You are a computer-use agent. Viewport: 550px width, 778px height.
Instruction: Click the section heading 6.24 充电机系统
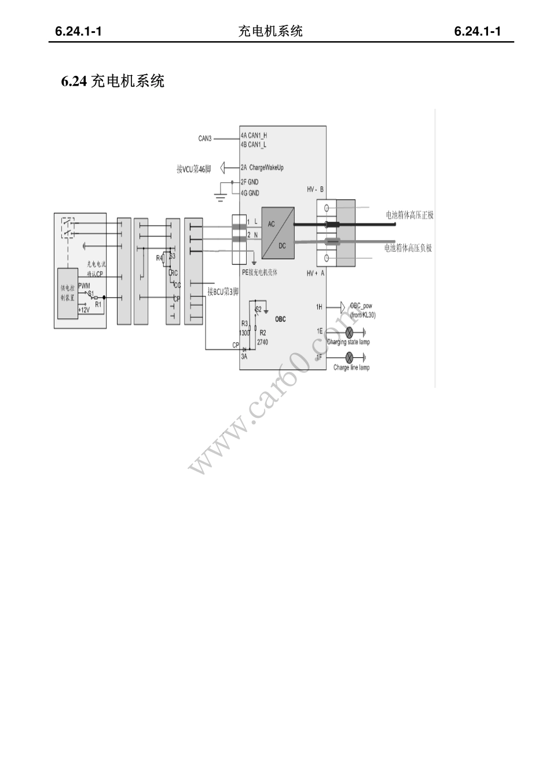113,81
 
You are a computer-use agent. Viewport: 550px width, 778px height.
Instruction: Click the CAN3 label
205,138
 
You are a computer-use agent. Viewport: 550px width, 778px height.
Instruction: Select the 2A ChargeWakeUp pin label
262,168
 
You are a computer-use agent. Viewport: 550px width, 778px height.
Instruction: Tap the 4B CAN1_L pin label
254,145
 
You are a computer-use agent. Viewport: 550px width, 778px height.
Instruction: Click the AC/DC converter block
277,233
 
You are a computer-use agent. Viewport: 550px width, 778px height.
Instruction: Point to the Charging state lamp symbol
350,332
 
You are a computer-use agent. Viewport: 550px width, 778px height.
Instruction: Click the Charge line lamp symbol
350,358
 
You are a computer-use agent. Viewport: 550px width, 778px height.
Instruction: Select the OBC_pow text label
361,306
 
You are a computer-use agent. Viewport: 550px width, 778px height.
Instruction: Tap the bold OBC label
280,319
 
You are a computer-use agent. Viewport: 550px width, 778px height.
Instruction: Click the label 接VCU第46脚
194,169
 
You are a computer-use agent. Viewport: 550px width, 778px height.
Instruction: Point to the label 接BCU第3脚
223,292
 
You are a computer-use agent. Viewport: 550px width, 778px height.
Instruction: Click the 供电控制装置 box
67,293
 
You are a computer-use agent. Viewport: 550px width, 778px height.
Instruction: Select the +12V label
84,310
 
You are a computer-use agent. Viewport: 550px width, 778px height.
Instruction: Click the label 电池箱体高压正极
409,215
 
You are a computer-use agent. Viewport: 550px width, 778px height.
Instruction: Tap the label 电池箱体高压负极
408,248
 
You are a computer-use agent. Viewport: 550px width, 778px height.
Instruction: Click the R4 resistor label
159,258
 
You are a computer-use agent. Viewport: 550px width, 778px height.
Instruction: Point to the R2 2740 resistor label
262,337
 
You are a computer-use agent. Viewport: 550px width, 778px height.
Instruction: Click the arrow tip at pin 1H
343,306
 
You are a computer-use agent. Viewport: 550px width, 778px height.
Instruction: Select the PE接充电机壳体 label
259,272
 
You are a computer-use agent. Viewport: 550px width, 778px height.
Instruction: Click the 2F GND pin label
250,182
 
